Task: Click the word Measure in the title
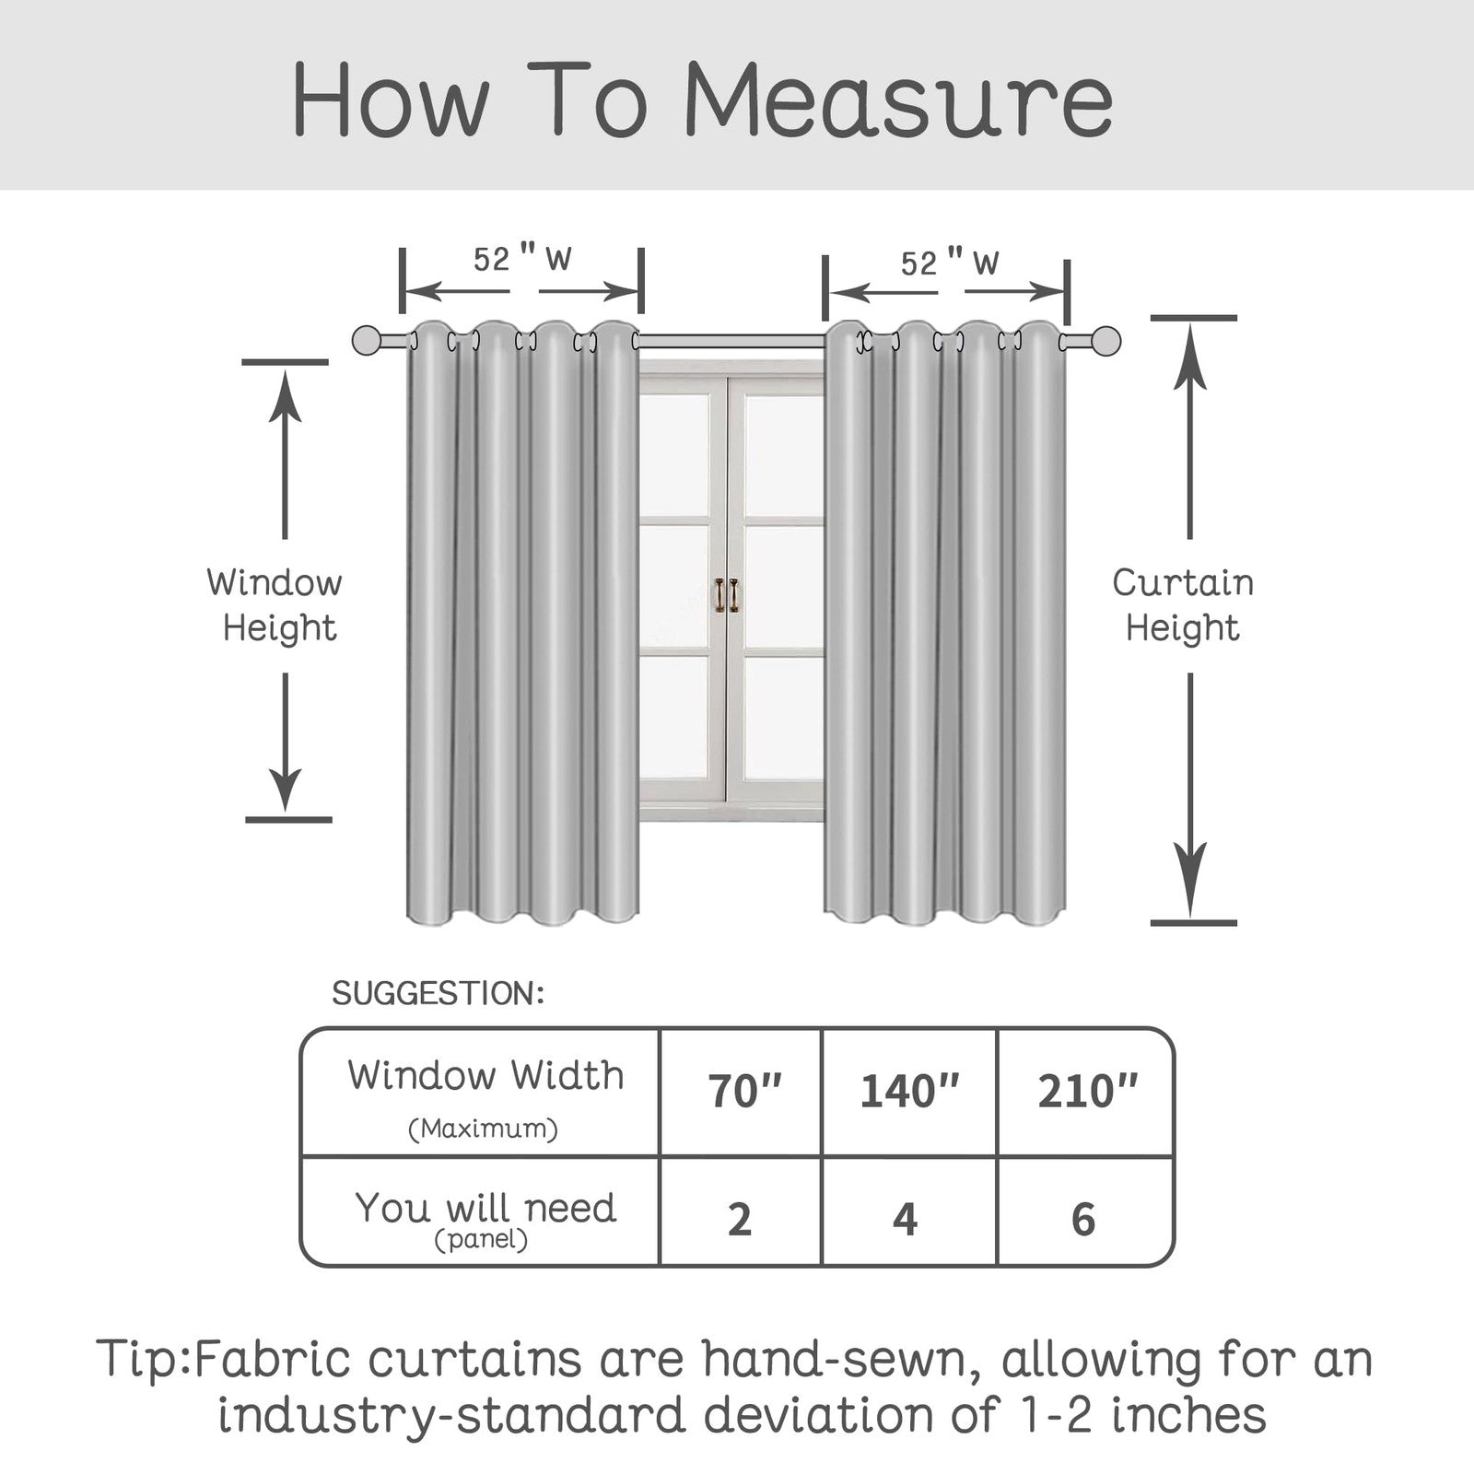pos(899,100)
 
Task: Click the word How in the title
pos(390,100)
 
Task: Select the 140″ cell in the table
pos(909,1092)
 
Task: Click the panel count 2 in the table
pos(740,1219)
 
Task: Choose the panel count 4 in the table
pos(906,1219)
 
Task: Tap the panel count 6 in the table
pos(1083,1219)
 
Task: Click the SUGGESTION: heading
pos(439,993)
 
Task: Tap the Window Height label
pos(275,605)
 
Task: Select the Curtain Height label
pos(1183,605)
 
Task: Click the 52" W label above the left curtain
pos(522,259)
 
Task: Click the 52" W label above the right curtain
pos(950,263)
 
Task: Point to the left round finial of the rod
pos(368,340)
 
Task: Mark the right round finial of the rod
pos(1105,340)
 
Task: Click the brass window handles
pos(727,594)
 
